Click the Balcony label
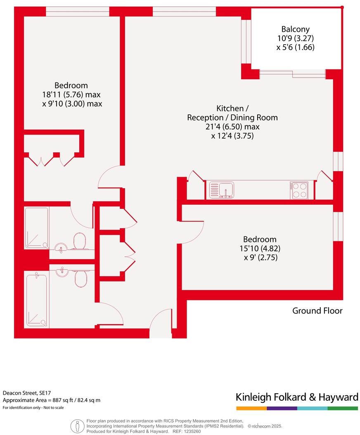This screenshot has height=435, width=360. pos(295,29)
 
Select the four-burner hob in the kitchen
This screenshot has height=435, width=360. pos(299,190)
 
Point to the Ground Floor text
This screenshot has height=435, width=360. pos(317,311)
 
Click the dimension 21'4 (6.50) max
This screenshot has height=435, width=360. pos(232,127)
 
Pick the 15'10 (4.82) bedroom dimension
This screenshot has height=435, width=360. pos(259,248)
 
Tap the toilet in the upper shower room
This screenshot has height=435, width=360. pos(79,241)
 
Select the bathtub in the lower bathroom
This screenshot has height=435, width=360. pos(36,300)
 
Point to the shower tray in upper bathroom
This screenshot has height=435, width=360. pos(36,228)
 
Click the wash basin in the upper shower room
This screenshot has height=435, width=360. pos(61,248)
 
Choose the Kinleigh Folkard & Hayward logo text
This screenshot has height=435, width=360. pos(297,397)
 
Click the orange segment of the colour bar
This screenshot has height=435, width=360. pos(251,408)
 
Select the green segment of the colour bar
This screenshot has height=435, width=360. pos(343,408)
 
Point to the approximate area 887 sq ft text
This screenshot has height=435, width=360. pos(52,400)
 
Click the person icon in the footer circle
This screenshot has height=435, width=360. pos(77,426)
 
